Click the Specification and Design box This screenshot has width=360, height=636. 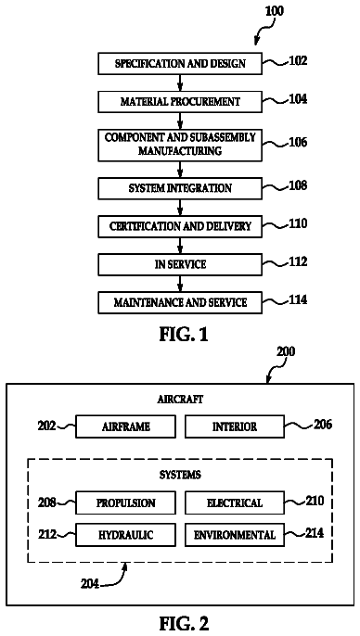180,64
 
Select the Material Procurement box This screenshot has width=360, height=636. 180,101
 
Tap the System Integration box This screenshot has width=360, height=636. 180,188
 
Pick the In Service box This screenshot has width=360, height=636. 180,264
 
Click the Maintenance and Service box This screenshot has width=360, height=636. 180,302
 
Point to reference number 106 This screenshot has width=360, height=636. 298,143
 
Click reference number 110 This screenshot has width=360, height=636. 298,224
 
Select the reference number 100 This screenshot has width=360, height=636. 275,11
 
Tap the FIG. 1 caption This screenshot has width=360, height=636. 184,335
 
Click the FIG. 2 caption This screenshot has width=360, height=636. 184,623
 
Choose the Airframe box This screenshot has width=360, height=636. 126,426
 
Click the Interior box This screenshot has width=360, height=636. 235,426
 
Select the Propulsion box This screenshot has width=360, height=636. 126,502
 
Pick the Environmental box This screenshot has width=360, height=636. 235,535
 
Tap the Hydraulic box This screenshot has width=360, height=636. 126,535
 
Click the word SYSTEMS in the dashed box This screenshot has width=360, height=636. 180,475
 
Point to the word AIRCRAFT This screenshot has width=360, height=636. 180,399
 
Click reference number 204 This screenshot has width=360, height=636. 89,584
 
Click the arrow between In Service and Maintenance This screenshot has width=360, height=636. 180,284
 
